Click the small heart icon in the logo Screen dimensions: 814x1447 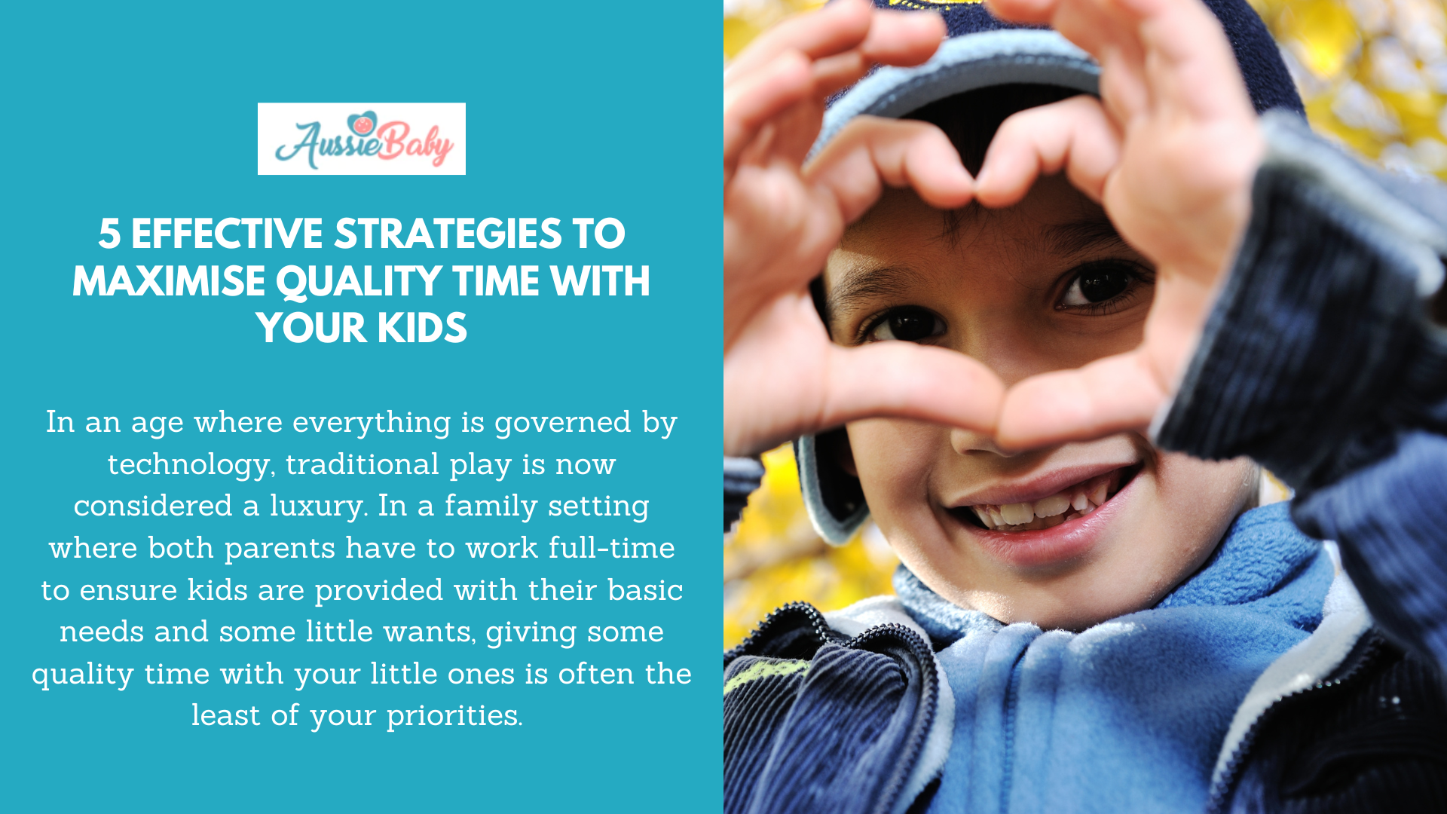[x=363, y=123]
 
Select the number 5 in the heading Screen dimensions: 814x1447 [x=109, y=234]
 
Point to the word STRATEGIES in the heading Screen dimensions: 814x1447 [x=448, y=234]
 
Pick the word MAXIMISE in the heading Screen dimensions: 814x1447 [x=169, y=281]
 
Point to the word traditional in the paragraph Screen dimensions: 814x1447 [x=362, y=464]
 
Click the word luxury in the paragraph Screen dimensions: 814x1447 [x=319, y=506]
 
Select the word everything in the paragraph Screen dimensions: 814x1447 [x=372, y=422]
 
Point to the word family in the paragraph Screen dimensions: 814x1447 [x=490, y=506]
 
